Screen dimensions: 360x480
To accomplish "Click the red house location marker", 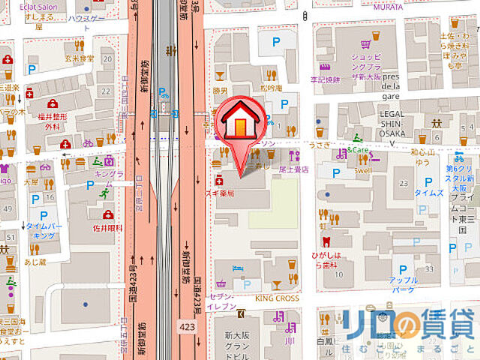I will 240,124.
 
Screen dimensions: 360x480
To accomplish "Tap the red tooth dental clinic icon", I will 326,241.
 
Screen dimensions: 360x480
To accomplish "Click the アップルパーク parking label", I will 403,285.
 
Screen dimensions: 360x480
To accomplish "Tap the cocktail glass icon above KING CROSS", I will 276,285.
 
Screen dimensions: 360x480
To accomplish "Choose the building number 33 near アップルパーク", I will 430,268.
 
